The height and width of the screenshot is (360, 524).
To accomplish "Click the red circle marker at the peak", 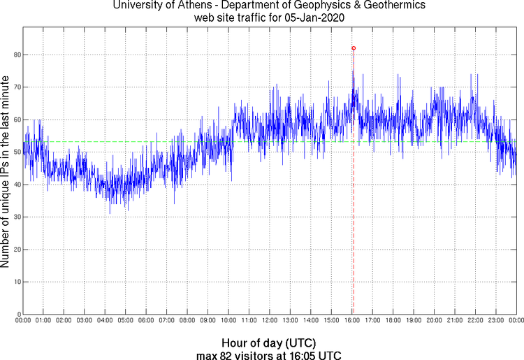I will click(x=354, y=48).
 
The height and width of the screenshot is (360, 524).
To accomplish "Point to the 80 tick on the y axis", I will click(x=15, y=55).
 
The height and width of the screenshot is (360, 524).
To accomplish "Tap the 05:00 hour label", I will click(x=125, y=321).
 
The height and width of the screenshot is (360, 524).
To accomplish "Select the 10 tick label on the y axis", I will click(x=15, y=282).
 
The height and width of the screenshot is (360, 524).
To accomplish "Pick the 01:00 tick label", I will click(x=43, y=321).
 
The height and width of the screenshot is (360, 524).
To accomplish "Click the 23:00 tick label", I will click(x=495, y=321).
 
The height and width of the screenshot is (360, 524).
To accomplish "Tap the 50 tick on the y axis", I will click(x=15, y=152).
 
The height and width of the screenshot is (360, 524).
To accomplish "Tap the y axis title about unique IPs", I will click(x=6, y=173).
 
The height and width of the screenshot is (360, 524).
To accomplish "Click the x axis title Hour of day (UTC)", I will click(x=269, y=343).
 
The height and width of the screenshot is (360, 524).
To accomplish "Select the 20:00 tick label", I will click(x=434, y=321).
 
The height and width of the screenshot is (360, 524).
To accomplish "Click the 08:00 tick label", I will click(x=187, y=321).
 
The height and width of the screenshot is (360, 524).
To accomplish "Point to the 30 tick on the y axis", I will click(x=15, y=217).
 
